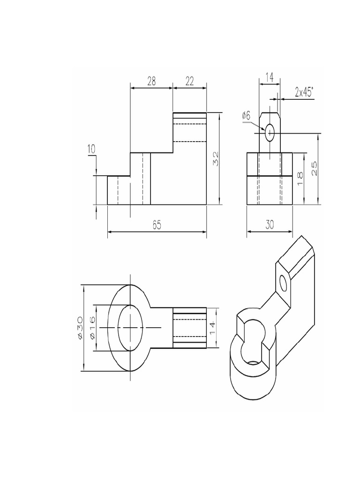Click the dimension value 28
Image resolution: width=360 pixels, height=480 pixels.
click(151, 81)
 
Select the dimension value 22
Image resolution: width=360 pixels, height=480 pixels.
click(189, 81)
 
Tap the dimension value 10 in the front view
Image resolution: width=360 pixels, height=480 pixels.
click(91, 150)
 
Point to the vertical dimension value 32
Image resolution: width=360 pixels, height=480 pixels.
click(216, 158)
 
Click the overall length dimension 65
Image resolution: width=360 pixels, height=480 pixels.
click(157, 225)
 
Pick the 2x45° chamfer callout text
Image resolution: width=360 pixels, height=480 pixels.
click(304, 92)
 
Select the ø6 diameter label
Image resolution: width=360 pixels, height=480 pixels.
click(247, 115)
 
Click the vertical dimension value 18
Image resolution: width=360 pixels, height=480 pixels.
click(300, 179)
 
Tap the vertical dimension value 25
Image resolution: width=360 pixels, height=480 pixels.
click(315, 168)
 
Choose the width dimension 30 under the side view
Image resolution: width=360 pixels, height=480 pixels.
click(270, 225)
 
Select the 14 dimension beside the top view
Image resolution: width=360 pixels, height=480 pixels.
click(212, 328)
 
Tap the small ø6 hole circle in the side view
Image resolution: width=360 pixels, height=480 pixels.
click(270, 133)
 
